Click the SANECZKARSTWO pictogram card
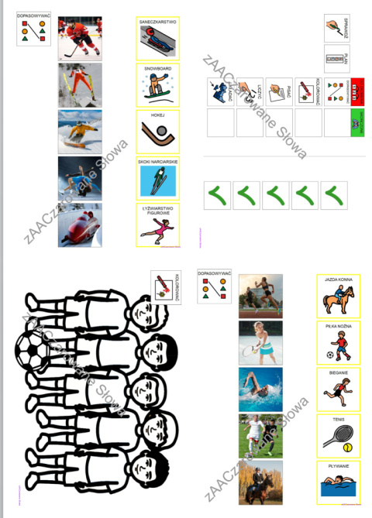coord(158,39)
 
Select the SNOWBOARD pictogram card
coord(158,85)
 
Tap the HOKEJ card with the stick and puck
coord(158,132)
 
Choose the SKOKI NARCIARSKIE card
coord(158,178)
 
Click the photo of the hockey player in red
coord(79,38)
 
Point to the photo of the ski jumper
coord(79,84)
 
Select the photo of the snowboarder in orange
coord(79,131)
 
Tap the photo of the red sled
coord(79,225)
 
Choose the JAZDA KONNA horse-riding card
coord(338,296)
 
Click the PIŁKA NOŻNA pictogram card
coord(338,342)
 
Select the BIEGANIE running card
coord(338,389)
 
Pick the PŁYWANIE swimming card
coord(338,482)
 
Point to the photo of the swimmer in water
coord(260,389)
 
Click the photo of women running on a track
coord(260,296)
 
